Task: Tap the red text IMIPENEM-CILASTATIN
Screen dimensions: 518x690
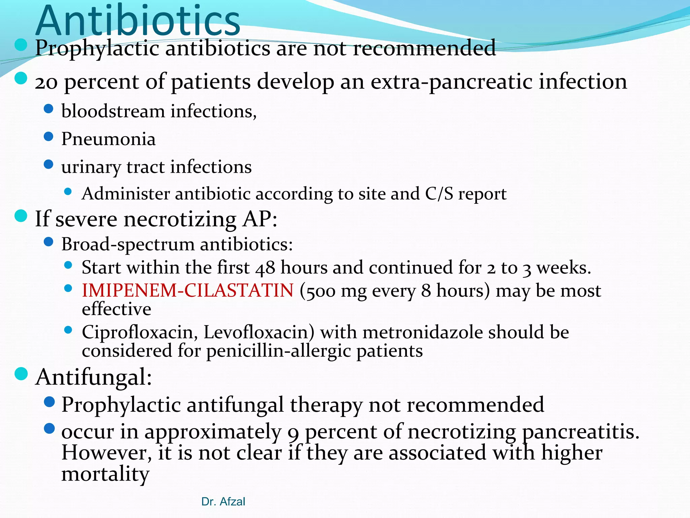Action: [188, 290]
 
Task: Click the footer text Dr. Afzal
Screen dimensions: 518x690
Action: [223, 501]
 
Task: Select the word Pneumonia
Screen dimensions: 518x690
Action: [108, 139]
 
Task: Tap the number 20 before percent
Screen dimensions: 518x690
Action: [46, 83]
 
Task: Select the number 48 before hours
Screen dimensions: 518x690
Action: [265, 268]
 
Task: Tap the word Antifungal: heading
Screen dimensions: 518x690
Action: [94, 377]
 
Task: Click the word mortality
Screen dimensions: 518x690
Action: [105, 474]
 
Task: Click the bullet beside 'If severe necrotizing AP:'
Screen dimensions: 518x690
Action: [21, 216]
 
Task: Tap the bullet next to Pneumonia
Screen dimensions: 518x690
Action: [49, 137]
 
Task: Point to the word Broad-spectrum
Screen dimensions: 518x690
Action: [128, 244]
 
